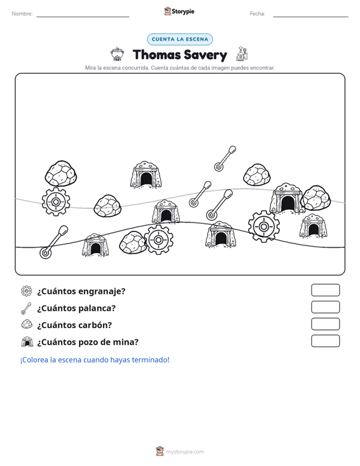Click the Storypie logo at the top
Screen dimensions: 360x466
179,11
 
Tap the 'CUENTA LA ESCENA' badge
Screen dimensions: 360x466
180,39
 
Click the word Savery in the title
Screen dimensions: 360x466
205,55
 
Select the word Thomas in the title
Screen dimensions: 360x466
156,55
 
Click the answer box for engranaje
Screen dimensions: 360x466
325,290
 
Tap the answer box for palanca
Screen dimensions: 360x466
325,307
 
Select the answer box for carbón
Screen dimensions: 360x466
325,324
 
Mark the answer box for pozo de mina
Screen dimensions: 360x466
325,341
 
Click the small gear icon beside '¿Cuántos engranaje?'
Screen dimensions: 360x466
27,291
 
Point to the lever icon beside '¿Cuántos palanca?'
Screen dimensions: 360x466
26,308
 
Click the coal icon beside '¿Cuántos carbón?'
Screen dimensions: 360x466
27,324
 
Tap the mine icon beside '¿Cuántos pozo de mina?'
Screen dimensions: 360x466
27,342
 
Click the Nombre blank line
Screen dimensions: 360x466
83,17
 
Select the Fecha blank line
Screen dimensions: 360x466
310,17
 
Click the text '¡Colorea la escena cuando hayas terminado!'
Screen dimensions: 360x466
95,360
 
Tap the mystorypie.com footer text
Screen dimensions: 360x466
184,452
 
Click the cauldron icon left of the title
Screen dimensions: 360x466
117,54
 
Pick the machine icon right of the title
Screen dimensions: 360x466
242,54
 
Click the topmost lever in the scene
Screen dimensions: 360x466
225,159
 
